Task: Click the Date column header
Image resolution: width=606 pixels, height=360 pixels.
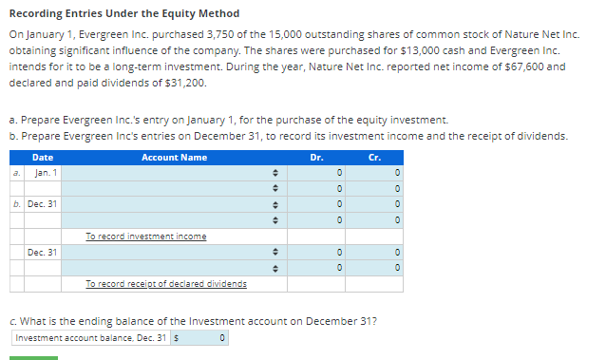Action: click(42, 158)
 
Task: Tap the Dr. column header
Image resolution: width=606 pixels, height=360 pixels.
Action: click(315, 158)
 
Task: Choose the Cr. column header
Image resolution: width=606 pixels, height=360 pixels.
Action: click(375, 158)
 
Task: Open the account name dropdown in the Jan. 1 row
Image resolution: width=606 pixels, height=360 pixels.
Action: click(169, 174)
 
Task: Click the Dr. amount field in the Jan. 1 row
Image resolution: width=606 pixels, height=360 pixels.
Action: click(316, 174)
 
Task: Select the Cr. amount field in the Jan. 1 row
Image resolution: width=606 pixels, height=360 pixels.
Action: click(375, 174)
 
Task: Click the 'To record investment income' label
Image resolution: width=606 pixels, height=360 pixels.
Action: click(145, 237)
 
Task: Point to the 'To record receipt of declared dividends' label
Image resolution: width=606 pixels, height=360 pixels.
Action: click(165, 284)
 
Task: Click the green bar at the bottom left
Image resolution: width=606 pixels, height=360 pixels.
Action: click(33, 357)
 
